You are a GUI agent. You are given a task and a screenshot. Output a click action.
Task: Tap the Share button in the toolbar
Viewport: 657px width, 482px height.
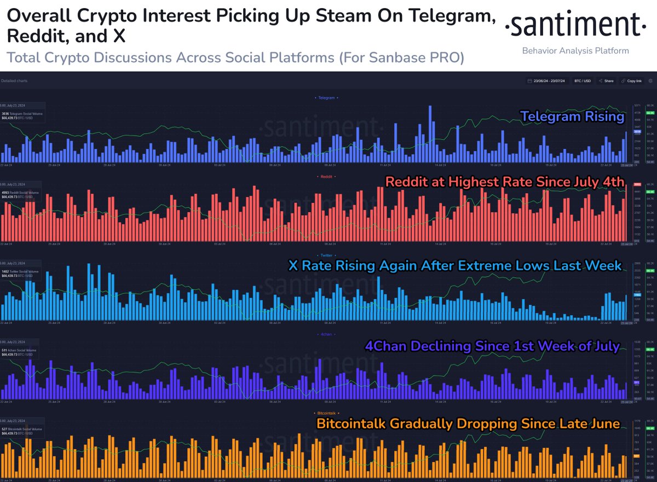click(x=606, y=80)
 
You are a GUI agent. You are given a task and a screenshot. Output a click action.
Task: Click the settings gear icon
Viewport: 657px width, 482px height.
click(x=650, y=80)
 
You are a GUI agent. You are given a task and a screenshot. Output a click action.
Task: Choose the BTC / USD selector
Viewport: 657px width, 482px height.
click(x=583, y=80)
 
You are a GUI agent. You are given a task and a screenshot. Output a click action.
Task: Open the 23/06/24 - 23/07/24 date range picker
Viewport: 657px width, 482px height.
click(x=548, y=80)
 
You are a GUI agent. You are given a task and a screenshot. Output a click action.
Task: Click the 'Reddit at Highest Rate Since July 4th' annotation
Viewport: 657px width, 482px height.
click(x=504, y=182)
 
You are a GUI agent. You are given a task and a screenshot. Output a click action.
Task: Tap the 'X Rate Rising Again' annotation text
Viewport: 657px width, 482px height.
click(x=455, y=265)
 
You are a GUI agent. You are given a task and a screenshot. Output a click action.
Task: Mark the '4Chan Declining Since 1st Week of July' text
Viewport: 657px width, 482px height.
click(x=492, y=346)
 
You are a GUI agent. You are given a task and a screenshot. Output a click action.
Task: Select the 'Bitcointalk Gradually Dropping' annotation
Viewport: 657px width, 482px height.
click(x=468, y=423)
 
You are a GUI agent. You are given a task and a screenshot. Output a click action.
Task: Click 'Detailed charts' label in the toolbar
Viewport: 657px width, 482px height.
click(x=14, y=81)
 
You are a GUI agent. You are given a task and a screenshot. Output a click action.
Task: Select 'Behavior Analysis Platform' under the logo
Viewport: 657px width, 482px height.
click(x=575, y=51)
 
